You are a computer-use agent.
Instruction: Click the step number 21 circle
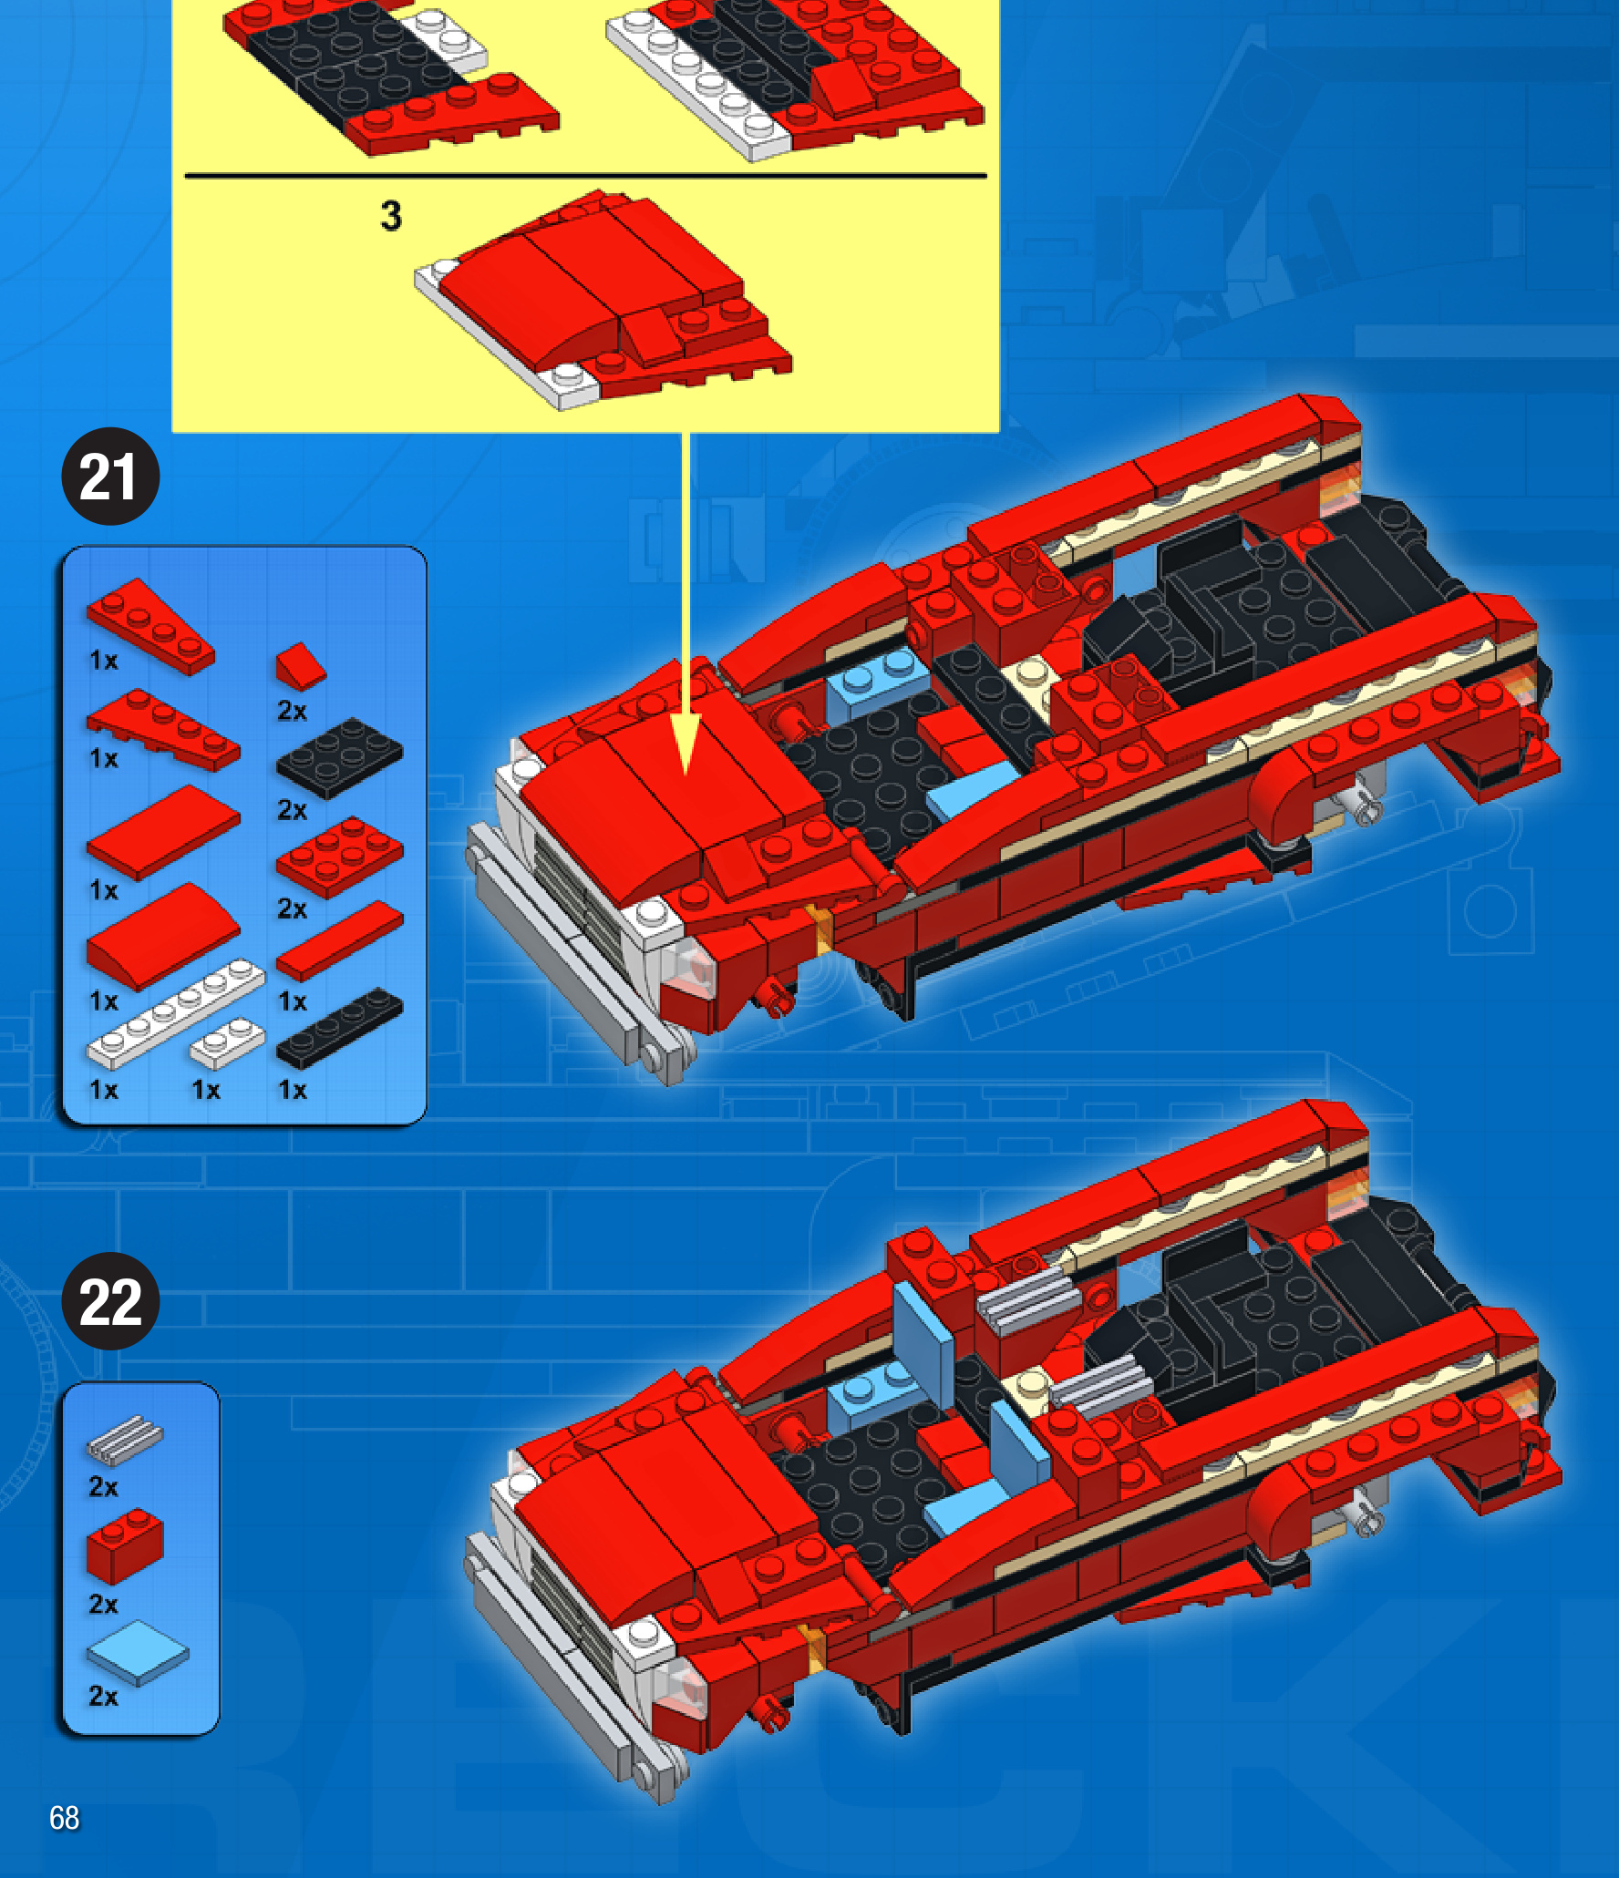110,477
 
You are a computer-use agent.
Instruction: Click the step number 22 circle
110,1301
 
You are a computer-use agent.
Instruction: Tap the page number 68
64,1818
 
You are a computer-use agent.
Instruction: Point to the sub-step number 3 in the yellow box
391,217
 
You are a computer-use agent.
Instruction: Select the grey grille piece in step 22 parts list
125,1439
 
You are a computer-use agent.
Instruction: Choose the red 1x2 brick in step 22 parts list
125,1545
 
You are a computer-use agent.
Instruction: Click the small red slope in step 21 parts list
301,666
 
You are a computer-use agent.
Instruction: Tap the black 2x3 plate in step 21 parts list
339,758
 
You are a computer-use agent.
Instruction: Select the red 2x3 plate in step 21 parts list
339,857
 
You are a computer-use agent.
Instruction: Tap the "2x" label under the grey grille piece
103,1487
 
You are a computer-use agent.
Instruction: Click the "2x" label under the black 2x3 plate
292,810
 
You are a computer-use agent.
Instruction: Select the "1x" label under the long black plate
292,1090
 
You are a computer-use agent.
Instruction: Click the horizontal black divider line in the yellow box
585,175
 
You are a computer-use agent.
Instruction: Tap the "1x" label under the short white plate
205,1090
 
